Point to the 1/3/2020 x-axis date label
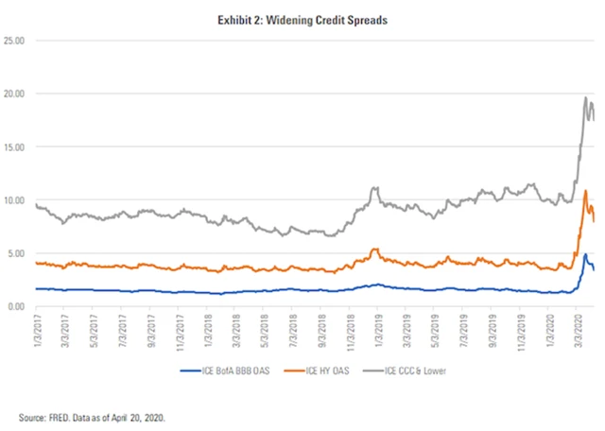(546, 327)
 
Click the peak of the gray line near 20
(585, 97)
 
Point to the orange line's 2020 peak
(586, 191)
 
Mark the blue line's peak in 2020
(586, 254)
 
